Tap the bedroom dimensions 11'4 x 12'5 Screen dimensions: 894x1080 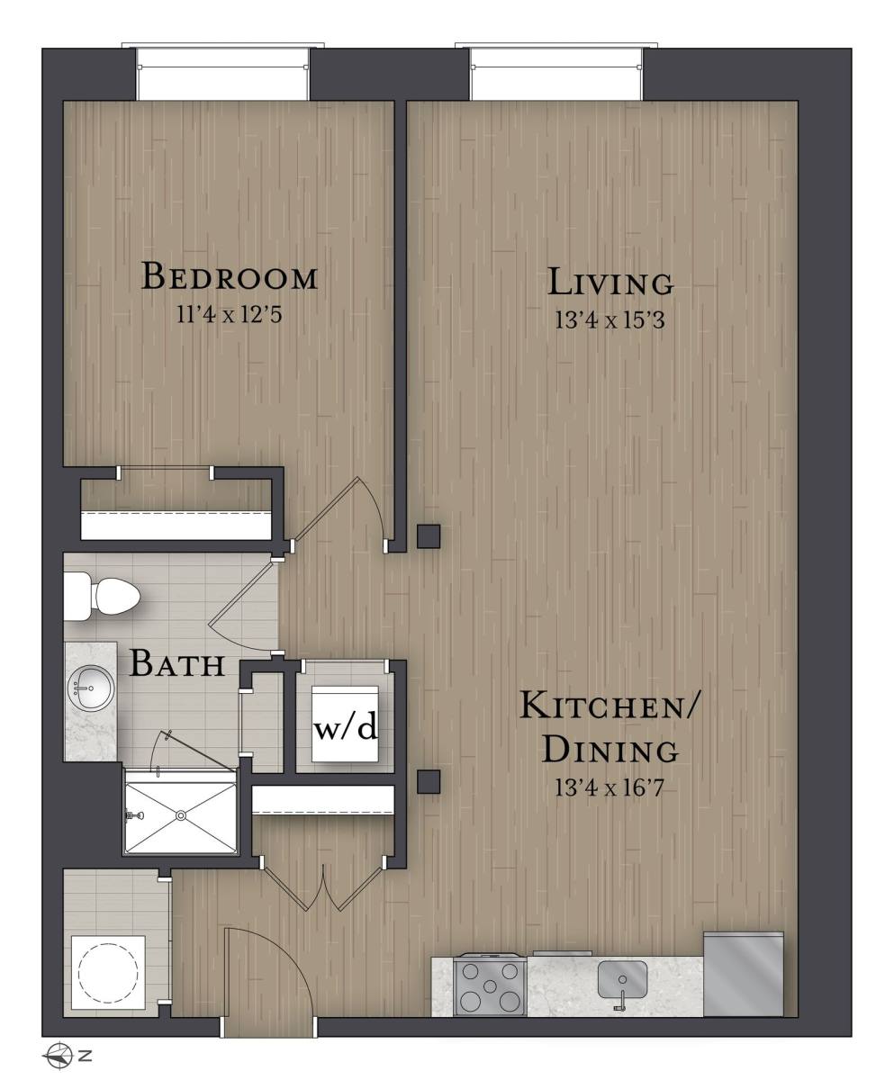click(x=230, y=314)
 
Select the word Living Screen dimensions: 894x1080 click(x=610, y=282)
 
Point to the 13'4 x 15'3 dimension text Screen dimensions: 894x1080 click(x=610, y=320)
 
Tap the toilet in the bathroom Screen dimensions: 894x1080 click(x=102, y=597)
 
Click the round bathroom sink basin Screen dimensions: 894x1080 click(x=91, y=688)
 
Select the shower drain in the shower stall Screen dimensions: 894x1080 click(x=181, y=814)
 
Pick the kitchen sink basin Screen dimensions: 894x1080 click(x=622, y=980)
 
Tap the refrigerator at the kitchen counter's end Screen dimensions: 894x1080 click(x=744, y=974)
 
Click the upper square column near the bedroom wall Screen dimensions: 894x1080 click(x=429, y=536)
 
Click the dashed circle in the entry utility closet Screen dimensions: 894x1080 click(x=109, y=971)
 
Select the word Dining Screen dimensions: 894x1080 click(x=610, y=750)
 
